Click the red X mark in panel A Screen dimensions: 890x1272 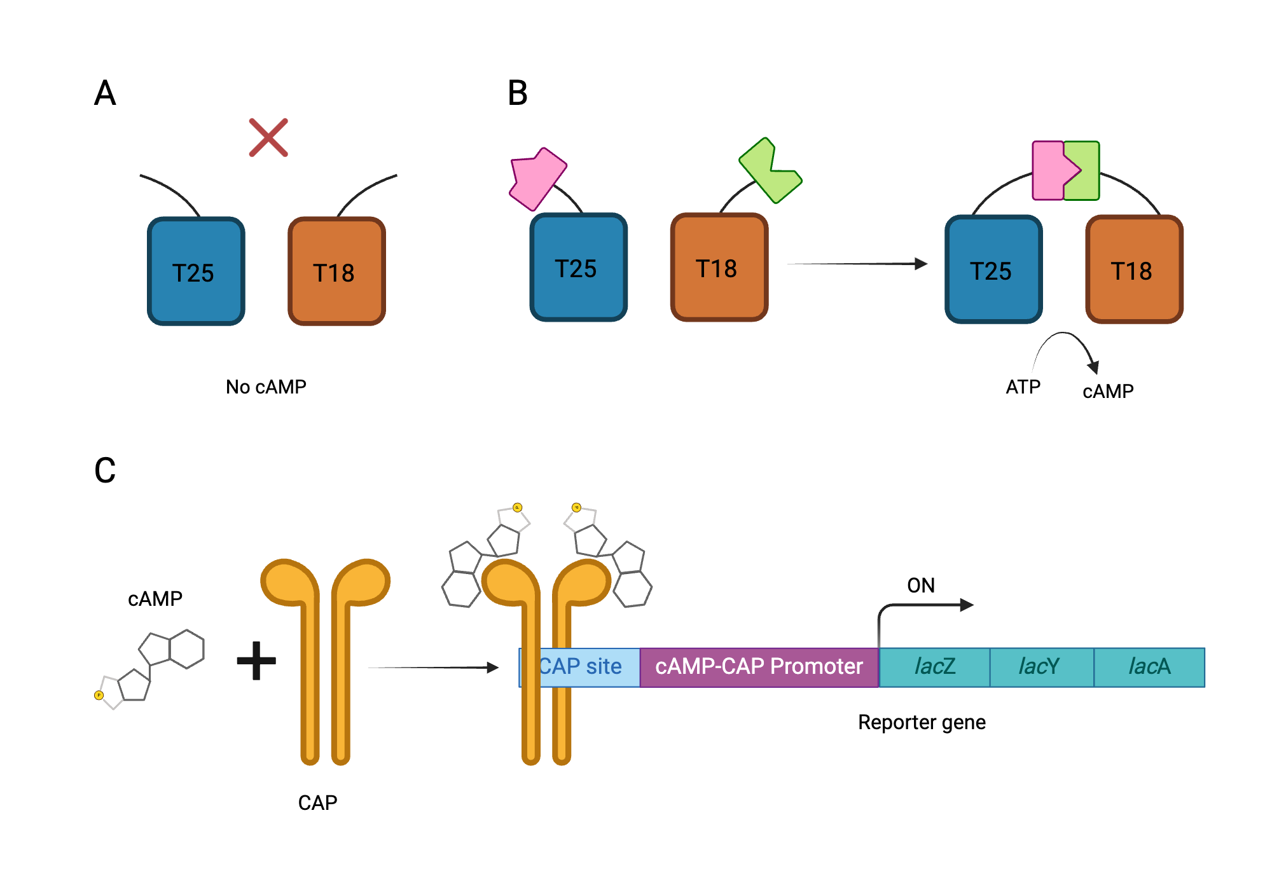pos(268,137)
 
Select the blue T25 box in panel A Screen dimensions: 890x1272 pos(196,271)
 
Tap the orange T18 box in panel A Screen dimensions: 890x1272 pos(336,271)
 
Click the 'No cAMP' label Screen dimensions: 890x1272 pos(266,387)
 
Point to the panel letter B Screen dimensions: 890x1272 pos(517,93)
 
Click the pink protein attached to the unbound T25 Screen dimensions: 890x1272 pos(537,179)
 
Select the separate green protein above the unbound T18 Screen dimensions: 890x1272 pos(770,170)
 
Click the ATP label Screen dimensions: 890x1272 pos(1023,387)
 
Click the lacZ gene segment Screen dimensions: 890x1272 pos(934,667)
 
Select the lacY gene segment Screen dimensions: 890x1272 pos(1041,667)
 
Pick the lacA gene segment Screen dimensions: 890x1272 pos(1149,667)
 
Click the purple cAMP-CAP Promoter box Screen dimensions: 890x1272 pos(759,667)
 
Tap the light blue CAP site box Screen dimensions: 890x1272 pos(588,667)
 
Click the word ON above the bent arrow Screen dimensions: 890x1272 pos(920,585)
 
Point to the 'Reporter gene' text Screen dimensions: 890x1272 pos(921,722)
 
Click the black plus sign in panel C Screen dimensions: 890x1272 pos(256,661)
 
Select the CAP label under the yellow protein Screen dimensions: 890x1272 pos(317,803)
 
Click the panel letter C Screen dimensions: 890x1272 pos(105,471)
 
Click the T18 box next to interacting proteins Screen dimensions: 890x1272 pos(1133,270)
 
